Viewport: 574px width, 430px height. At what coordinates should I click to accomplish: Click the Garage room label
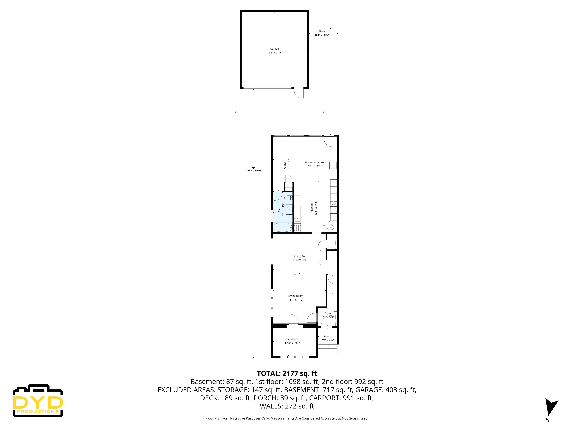point(274,49)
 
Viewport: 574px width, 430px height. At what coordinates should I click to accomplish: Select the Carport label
point(254,167)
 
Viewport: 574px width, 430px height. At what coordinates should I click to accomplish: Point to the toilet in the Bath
point(288,198)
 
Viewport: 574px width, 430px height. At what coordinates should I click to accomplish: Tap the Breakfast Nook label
point(315,163)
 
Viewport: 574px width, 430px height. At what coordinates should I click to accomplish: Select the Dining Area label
point(300,256)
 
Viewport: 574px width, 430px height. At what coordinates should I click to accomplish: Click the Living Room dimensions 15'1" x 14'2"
point(296,300)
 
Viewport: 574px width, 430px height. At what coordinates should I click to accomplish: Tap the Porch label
point(327,336)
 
